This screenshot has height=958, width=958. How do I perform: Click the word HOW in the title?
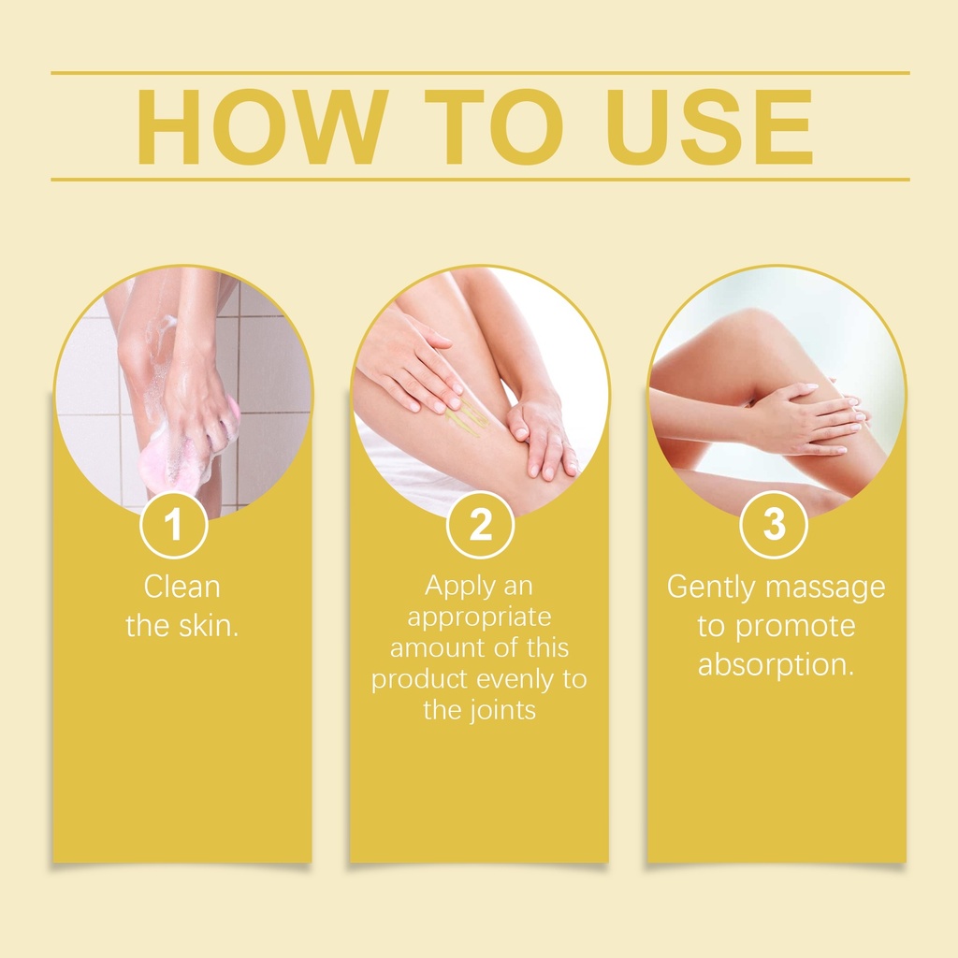262,127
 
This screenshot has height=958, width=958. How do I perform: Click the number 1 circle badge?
174,524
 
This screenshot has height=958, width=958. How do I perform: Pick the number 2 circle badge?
480,524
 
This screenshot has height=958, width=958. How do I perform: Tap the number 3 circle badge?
774,524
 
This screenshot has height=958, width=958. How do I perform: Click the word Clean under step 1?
181,588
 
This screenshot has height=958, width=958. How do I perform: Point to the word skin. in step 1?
209,626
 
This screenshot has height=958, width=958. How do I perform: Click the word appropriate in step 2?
480,617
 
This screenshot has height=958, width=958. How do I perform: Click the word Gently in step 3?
712,588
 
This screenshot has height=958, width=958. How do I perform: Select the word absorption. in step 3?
776,664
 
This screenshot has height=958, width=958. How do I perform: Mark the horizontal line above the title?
480,73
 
